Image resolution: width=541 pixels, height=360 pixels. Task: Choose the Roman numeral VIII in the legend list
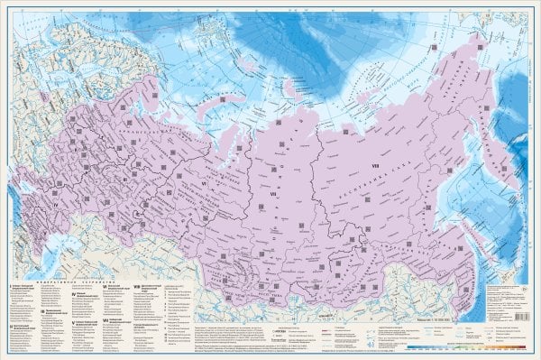click(x=135, y=286)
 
